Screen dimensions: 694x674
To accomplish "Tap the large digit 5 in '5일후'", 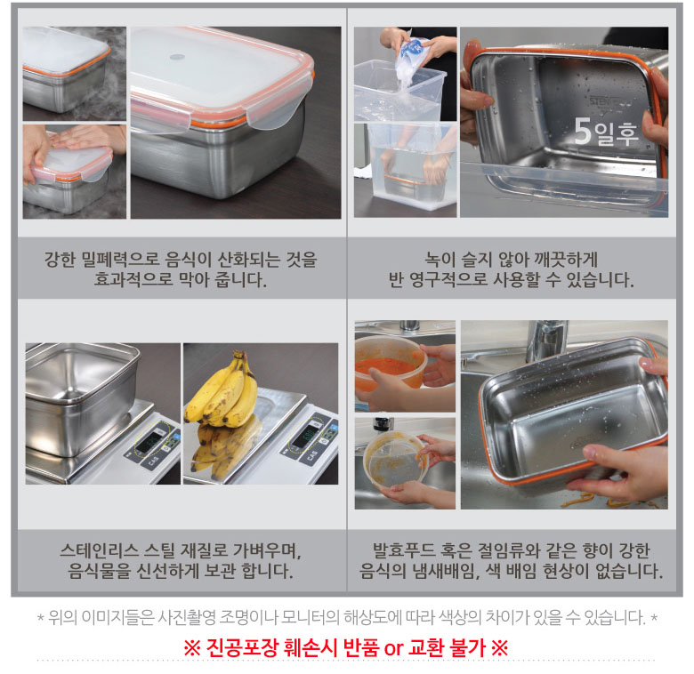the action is (583, 132).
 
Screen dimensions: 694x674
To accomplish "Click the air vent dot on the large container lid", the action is (177, 57).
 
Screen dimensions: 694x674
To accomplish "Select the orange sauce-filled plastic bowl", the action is (391, 365).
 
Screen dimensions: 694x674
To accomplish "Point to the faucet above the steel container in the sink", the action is (545, 341).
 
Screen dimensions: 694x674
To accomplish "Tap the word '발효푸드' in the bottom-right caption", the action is (404, 550).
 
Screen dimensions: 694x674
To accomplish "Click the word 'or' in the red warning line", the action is (393, 648).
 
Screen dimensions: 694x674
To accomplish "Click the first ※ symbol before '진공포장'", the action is (192, 648).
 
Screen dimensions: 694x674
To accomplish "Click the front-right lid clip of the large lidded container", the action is (270, 113).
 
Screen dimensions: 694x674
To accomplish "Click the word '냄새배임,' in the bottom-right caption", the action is (447, 571).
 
